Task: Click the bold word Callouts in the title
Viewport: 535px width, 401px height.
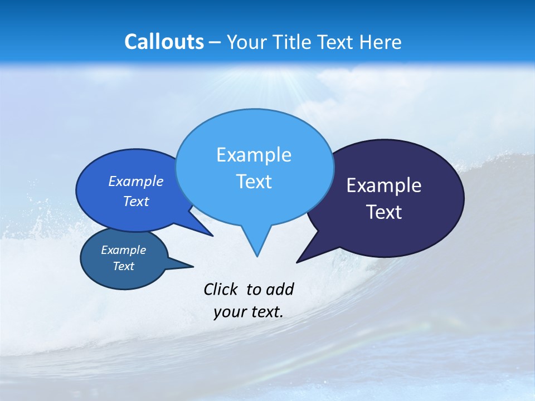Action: pyautogui.click(x=164, y=42)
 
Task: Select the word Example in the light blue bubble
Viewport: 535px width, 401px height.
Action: pyautogui.click(x=254, y=155)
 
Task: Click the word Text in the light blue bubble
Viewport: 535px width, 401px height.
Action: pyautogui.click(x=254, y=182)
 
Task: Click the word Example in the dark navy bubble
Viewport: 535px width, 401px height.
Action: pyautogui.click(x=384, y=185)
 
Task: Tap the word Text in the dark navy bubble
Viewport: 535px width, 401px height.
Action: pyautogui.click(x=384, y=212)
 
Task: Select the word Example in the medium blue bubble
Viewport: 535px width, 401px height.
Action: pyautogui.click(x=136, y=182)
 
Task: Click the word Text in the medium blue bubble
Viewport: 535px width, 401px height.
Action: pyautogui.click(x=136, y=202)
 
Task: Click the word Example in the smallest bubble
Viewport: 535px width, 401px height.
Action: pyautogui.click(x=123, y=250)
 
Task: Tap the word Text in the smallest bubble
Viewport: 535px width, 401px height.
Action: pyautogui.click(x=123, y=266)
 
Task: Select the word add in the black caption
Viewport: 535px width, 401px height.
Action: pyautogui.click(x=280, y=289)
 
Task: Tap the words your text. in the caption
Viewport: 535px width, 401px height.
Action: pyautogui.click(x=249, y=312)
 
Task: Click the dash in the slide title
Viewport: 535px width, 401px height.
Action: pyautogui.click(x=215, y=42)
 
